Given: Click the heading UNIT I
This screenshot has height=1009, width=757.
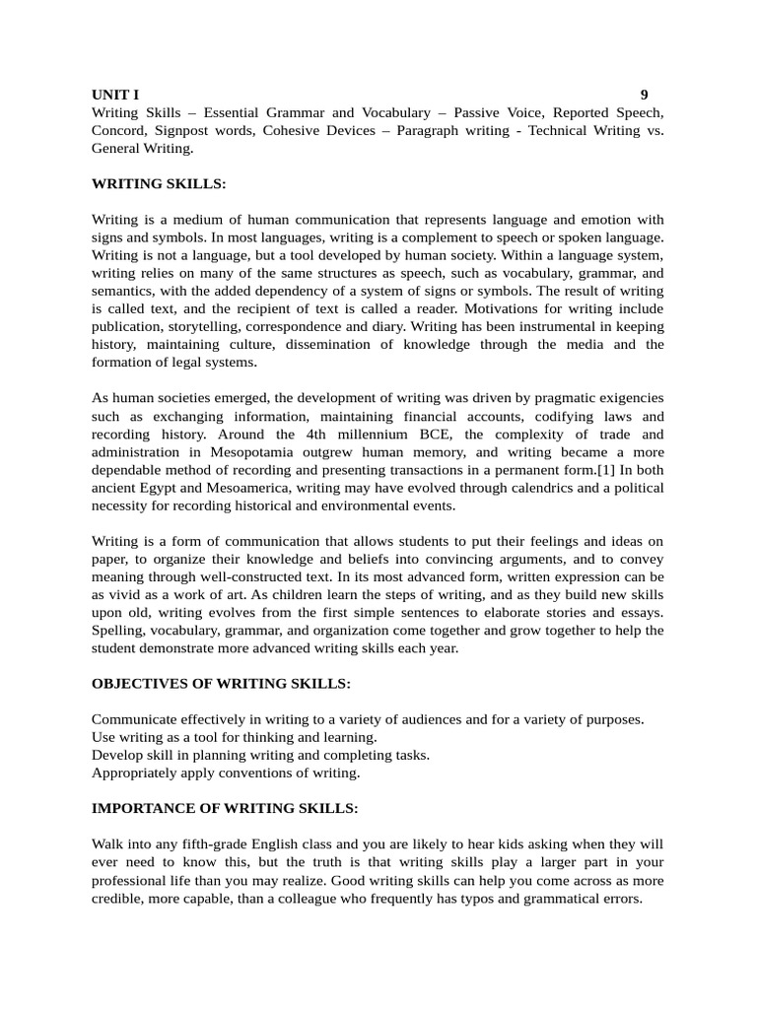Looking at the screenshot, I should pyautogui.click(x=115, y=95).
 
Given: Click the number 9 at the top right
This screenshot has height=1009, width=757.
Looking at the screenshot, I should pyautogui.click(x=644, y=95).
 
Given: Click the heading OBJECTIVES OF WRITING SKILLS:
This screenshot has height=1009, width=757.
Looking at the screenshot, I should pyautogui.click(x=221, y=683).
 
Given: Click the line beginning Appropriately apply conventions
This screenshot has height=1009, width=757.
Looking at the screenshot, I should pyautogui.click(x=226, y=773).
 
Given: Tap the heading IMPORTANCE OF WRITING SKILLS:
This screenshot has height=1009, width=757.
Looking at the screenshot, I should pyautogui.click(x=225, y=808).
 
